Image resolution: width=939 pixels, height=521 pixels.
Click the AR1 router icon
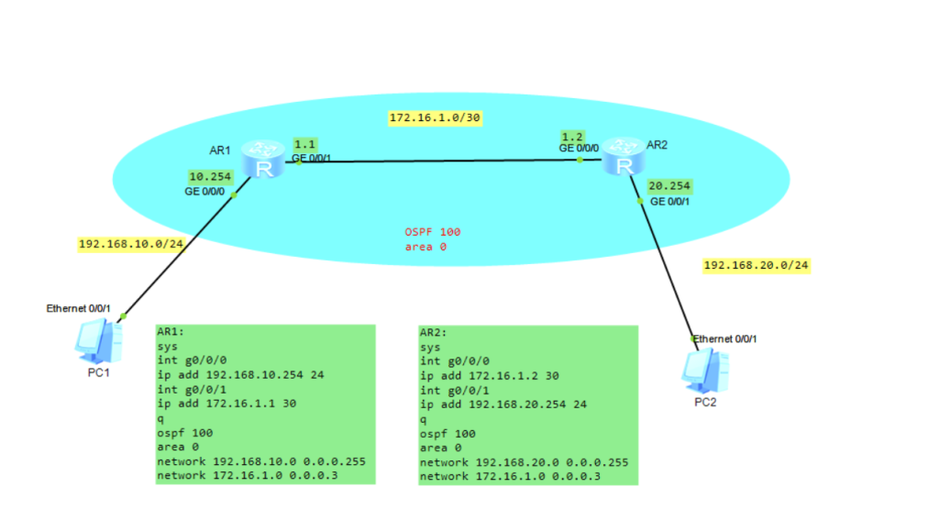tap(264, 161)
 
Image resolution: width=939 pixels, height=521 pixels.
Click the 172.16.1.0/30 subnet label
tap(435, 118)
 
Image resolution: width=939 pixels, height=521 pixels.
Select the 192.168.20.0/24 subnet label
tap(757, 265)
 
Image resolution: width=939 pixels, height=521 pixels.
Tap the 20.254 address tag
tap(668, 185)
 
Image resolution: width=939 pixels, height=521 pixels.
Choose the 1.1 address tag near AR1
tap(304, 144)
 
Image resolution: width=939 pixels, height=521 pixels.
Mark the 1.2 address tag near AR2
tap(573, 136)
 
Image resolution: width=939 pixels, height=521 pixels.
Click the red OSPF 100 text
tap(433, 232)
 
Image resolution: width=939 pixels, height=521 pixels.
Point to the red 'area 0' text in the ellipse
tap(425, 247)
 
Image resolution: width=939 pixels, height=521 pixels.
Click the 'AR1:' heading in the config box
tap(172, 332)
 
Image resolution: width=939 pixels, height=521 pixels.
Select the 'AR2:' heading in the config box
tap(435, 332)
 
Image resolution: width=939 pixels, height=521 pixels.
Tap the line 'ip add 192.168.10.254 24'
tap(240, 374)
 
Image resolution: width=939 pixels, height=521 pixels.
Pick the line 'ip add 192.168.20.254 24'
tap(503, 404)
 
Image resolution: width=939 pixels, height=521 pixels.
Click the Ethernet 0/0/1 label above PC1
tap(79, 308)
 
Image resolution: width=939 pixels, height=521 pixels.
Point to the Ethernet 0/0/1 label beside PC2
tap(726, 339)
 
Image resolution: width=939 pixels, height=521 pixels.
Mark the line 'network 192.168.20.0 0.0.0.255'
tap(524, 462)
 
